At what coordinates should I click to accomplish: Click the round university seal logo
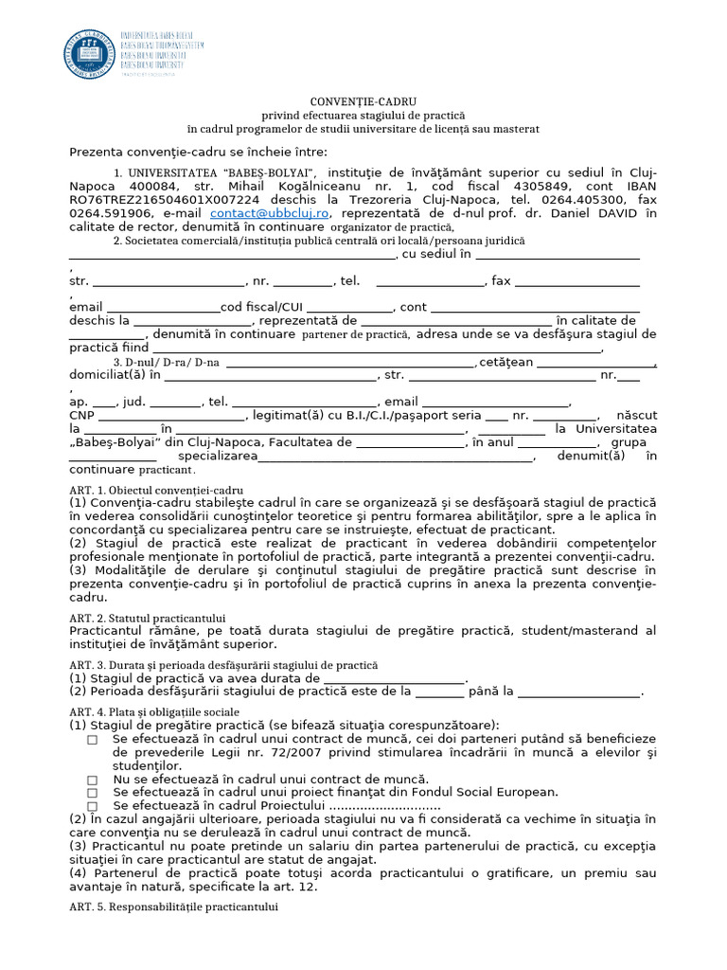pyautogui.click(x=88, y=54)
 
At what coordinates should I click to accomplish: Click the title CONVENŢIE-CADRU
pyautogui.click(x=363, y=101)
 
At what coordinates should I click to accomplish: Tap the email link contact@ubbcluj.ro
pyautogui.click(x=270, y=214)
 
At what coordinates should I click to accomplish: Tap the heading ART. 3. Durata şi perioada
pyautogui.click(x=223, y=666)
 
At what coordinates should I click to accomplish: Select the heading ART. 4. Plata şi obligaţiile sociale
pyautogui.click(x=154, y=711)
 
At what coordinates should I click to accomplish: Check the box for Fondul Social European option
pyautogui.click(x=93, y=793)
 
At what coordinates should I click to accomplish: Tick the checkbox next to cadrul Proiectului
pyautogui.click(x=93, y=806)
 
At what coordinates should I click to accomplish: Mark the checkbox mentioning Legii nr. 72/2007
pyautogui.click(x=93, y=740)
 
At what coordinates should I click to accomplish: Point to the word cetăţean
pyautogui.click(x=506, y=363)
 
